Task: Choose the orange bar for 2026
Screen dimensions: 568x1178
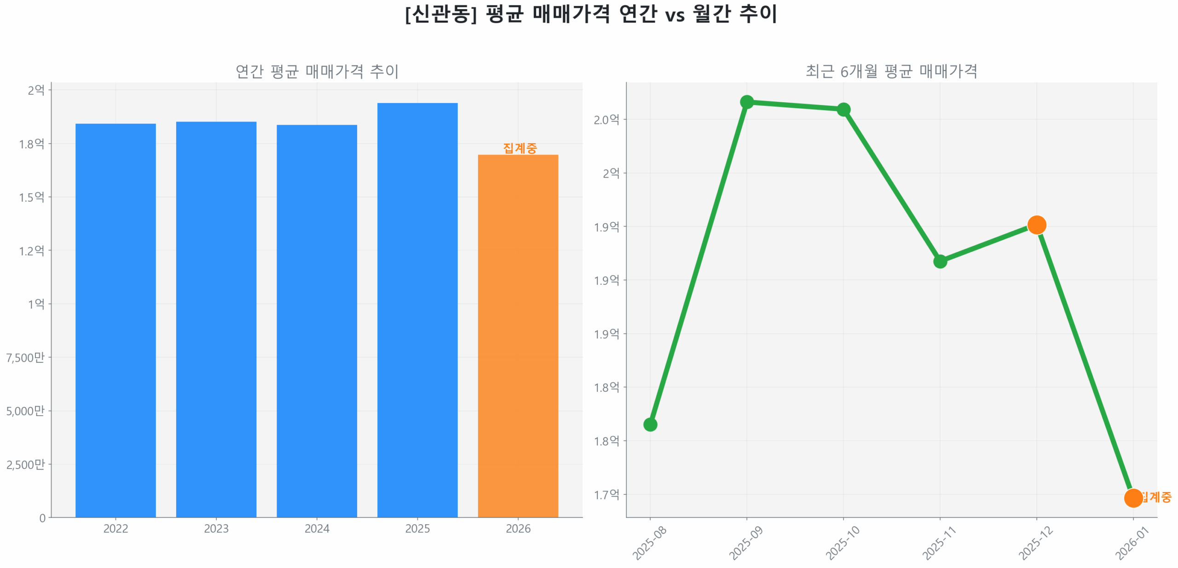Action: [518, 336]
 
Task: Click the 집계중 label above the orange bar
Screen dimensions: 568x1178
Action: [520, 148]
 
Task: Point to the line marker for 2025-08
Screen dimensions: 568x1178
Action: [650, 424]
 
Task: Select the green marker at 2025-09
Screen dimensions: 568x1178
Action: [746, 102]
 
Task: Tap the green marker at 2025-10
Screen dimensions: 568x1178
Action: [843, 110]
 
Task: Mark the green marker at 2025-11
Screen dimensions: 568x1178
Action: [940, 261]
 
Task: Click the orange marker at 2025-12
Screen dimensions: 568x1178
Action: [1036, 225]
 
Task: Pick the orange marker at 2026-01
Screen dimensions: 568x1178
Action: [1132, 498]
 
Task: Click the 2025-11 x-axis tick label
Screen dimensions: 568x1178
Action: [939, 543]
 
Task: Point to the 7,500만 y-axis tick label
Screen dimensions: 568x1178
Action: [25, 358]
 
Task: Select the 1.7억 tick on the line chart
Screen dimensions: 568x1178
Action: [606, 495]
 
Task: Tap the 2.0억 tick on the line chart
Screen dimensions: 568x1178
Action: [606, 120]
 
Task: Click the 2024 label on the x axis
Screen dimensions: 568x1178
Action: [317, 528]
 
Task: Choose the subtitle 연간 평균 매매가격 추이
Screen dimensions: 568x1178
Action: [317, 71]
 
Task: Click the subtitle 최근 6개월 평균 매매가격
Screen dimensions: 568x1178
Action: [891, 71]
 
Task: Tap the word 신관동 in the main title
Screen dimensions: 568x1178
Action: [440, 14]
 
